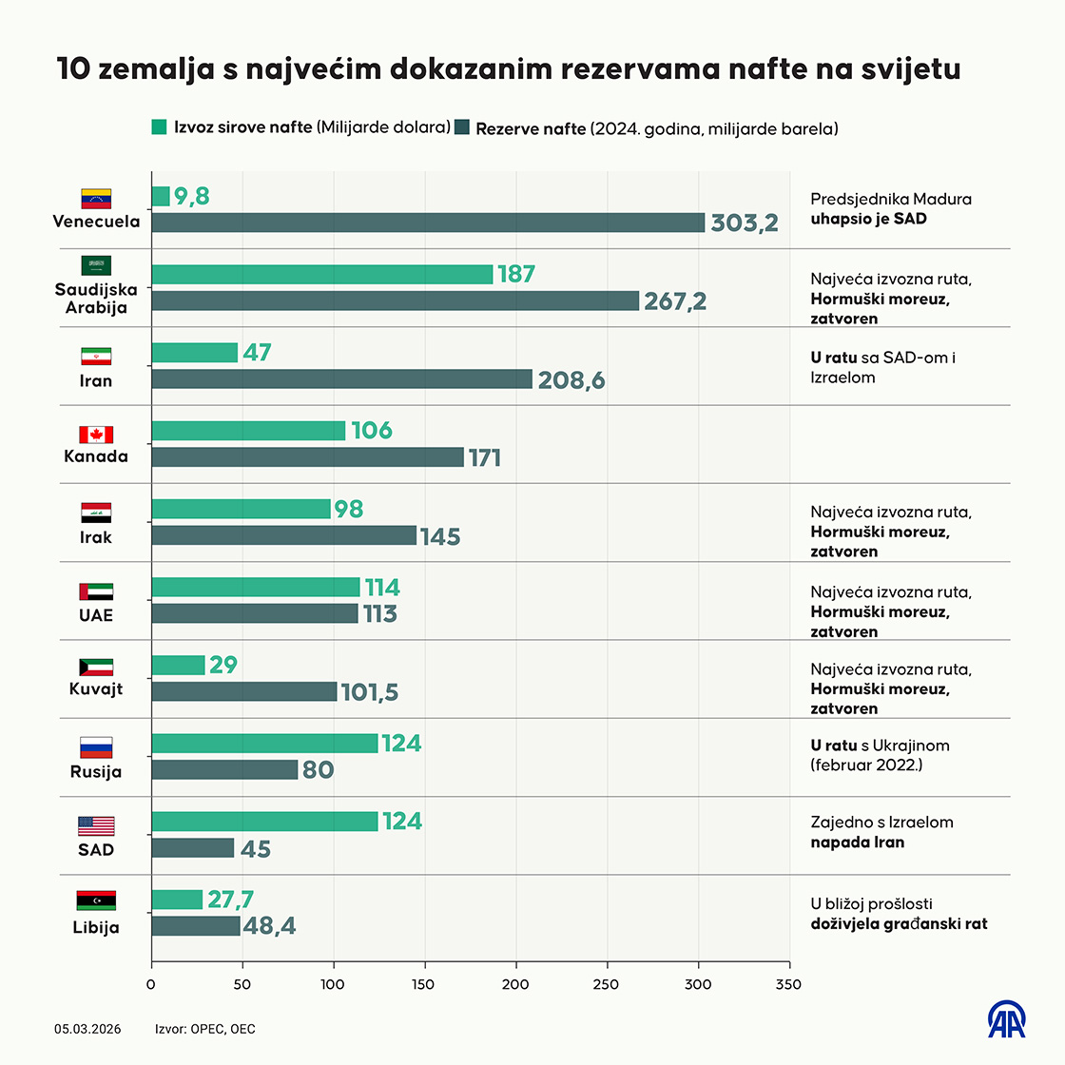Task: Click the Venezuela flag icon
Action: [x=96, y=199]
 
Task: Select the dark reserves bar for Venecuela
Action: [x=428, y=223]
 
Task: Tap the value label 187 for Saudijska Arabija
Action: [x=516, y=274]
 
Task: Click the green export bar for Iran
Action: [x=195, y=353]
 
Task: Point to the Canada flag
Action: [x=96, y=435]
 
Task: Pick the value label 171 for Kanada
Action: [x=485, y=458]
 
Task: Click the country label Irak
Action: [x=96, y=537]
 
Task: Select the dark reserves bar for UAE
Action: [x=255, y=614]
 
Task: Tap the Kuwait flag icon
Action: [x=96, y=668]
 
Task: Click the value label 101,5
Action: [x=370, y=692]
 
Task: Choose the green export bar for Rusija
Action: [x=264, y=744]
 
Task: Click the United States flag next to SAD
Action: [x=96, y=825]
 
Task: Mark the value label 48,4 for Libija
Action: [x=270, y=926]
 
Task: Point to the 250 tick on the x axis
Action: [x=607, y=984]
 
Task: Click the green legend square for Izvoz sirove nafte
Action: [x=160, y=127]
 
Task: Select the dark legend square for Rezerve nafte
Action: [x=462, y=127]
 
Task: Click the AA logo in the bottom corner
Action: [x=1006, y=1019]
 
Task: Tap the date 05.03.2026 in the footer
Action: [x=87, y=1029]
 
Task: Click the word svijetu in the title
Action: [x=911, y=69]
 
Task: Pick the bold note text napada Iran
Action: [x=857, y=842]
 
